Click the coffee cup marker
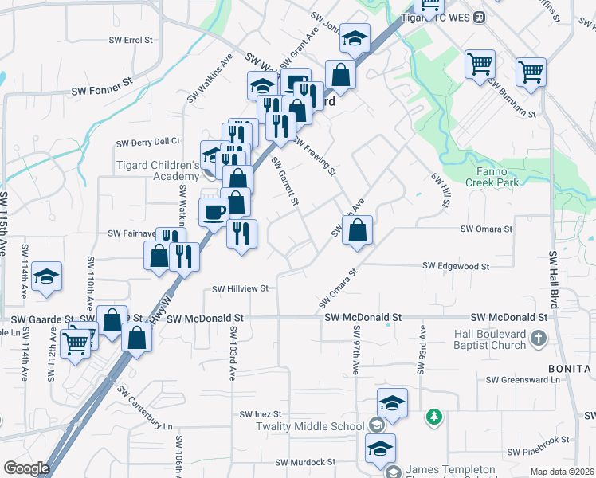click(x=214, y=213)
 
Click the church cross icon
click(x=539, y=339)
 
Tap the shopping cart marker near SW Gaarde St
click(x=76, y=344)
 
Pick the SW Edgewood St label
click(x=456, y=266)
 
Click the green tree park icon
click(x=433, y=416)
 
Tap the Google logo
click(x=26, y=468)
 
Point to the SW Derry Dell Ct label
click(x=148, y=143)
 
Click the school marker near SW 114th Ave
click(x=47, y=276)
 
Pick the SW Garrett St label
click(x=284, y=182)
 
